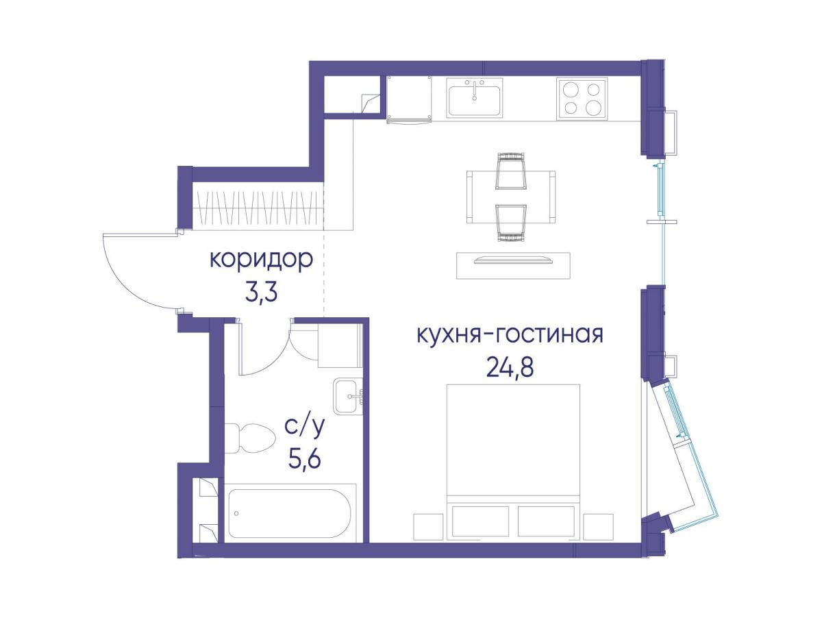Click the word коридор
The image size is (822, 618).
[x=261, y=261]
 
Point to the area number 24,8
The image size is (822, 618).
[x=510, y=368]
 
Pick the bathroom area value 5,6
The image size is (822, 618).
[x=304, y=458]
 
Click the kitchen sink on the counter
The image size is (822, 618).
[x=475, y=97]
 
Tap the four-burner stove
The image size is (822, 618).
[x=582, y=99]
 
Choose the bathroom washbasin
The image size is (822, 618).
[x=350, y=395]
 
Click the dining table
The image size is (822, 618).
[x=511, y=197]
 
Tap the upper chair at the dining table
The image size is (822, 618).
[x=511, y=170]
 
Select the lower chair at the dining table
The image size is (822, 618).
[x=511, y=223]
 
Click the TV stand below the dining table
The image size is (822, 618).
[x=513, y=265]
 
